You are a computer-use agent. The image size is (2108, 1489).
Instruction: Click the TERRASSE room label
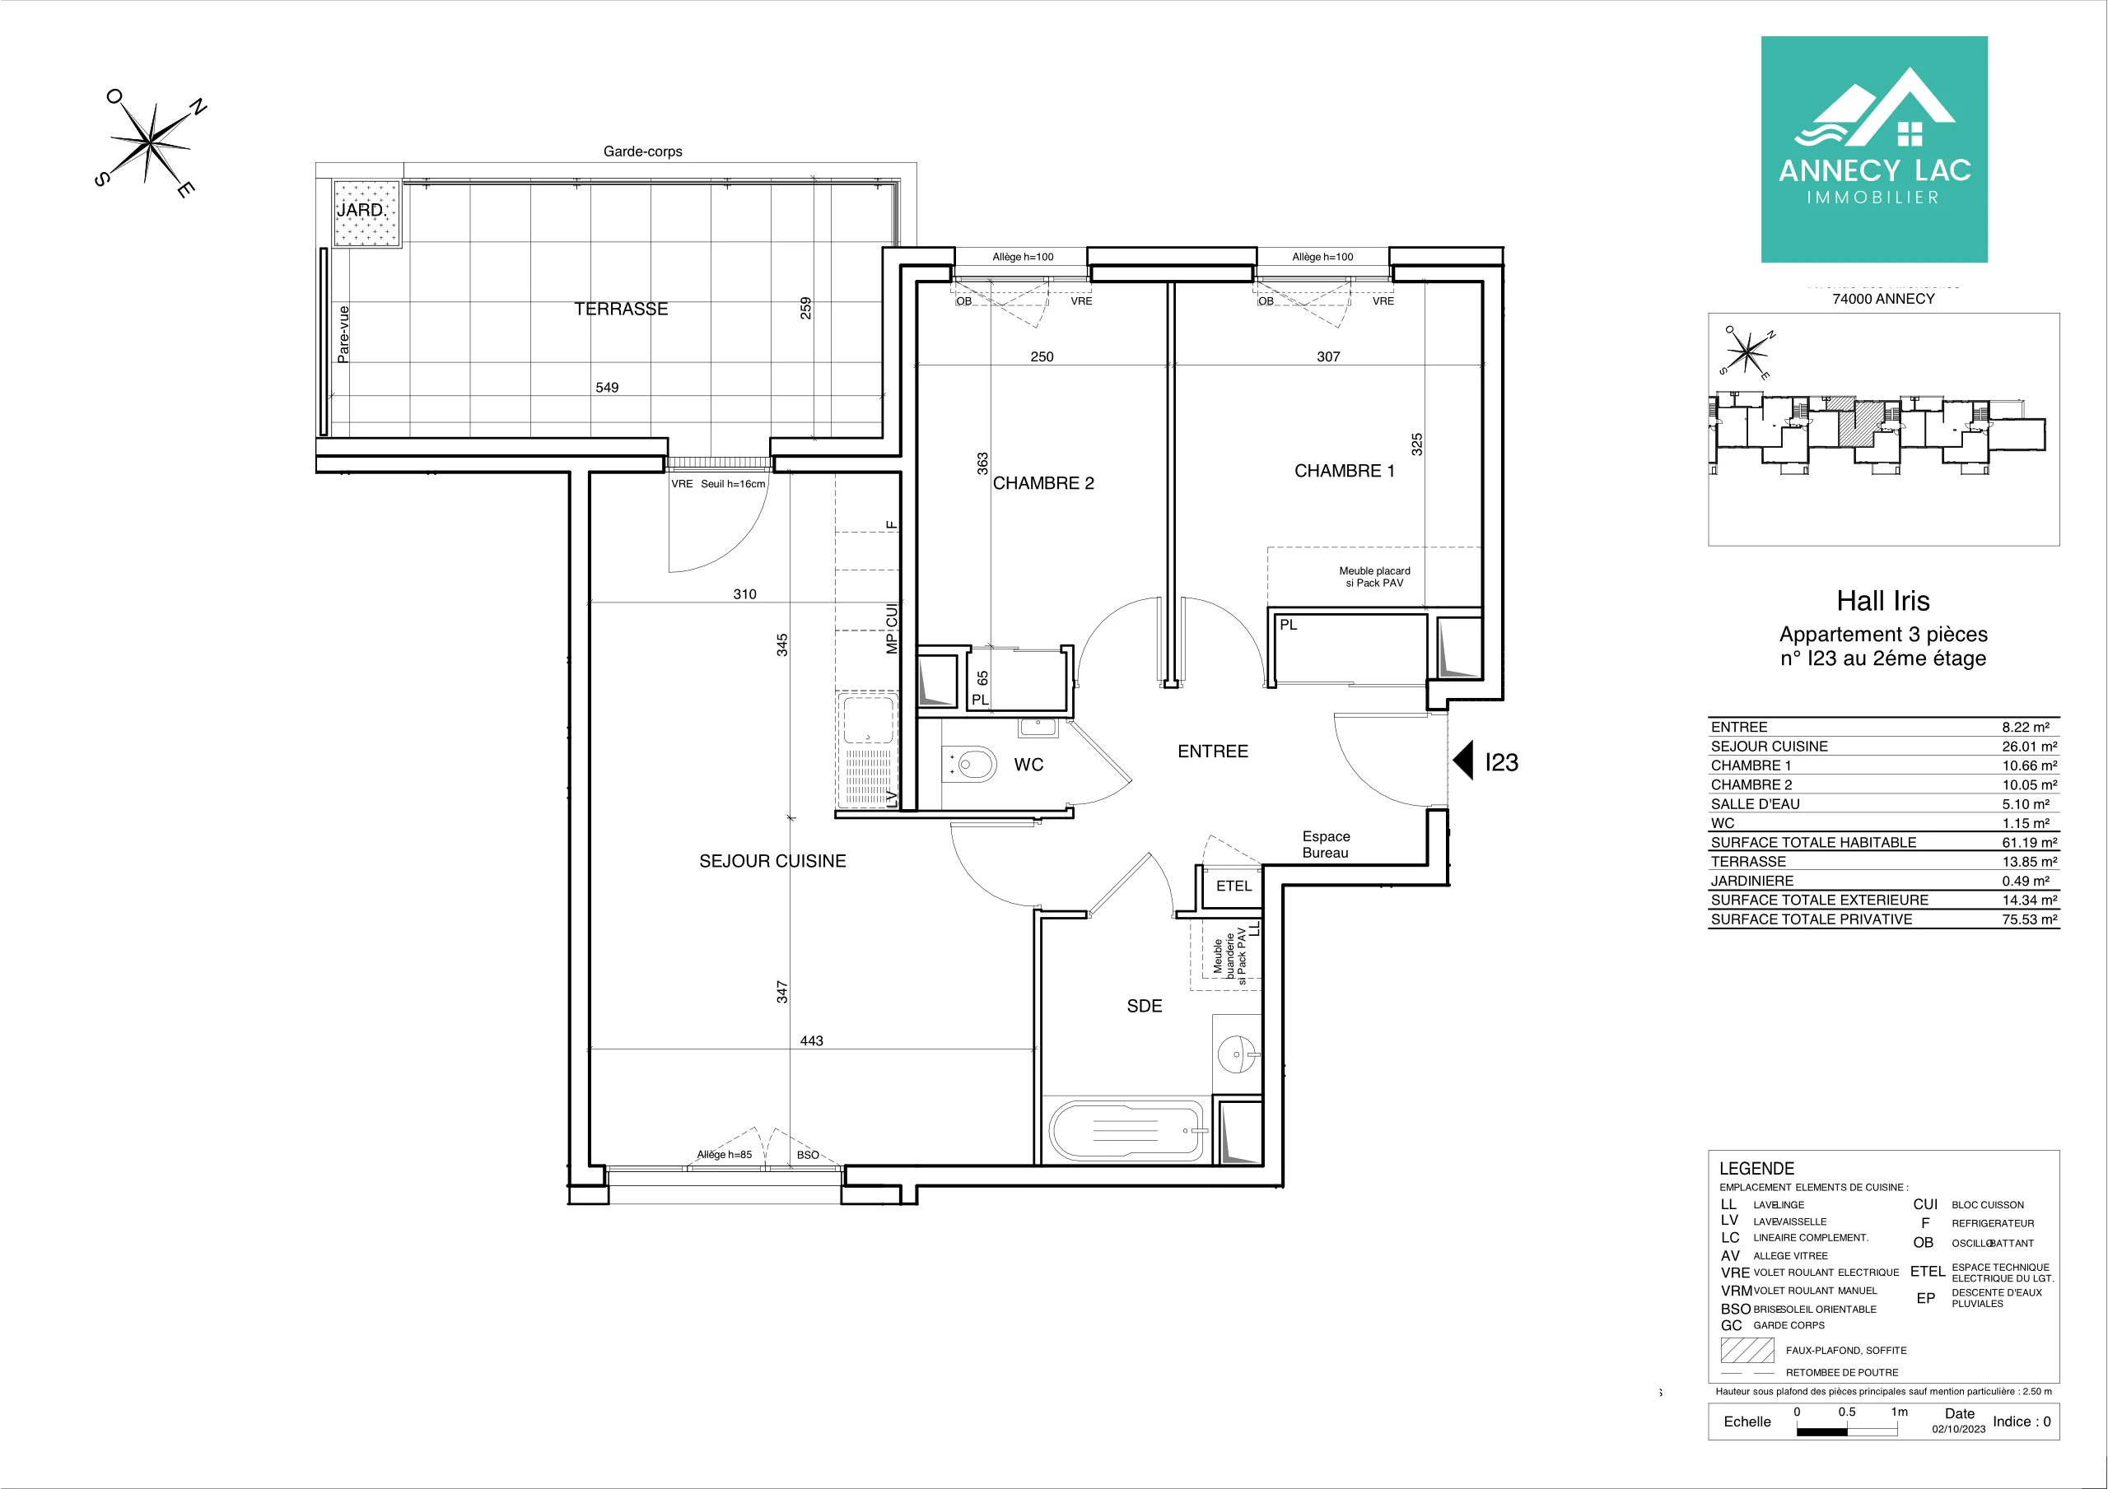coord(621,309)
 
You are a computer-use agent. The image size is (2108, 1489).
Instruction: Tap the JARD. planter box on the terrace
coord(367,214)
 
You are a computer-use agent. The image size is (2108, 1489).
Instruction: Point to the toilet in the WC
coord(969,764)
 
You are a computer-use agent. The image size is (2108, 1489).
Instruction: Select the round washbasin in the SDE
coord(1236,1054)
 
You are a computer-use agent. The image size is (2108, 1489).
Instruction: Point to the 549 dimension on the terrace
coord(607,388)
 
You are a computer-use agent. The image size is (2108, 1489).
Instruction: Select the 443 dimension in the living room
coord(812,1041)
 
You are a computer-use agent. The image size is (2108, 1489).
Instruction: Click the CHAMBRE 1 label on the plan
coord(1344,471)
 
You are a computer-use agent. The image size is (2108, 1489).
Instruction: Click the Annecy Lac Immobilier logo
coord(1874,150)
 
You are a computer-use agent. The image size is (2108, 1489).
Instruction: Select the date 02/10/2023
coord(1958,1430)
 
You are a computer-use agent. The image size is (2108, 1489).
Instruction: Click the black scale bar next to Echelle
coord(1846,1431)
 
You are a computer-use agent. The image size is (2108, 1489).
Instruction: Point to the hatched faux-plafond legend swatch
coord(1747,1351)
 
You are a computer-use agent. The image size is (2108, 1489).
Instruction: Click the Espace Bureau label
coord(1326,845)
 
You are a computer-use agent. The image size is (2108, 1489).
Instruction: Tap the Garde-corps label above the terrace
coord(642,151)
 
